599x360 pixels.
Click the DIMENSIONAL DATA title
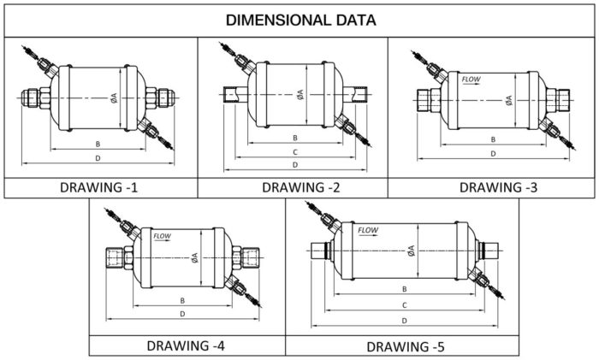click(299, 19)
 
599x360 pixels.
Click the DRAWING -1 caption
click(100, 187)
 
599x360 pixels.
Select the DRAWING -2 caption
click(294, 187)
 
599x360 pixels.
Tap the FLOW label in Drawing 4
click(163, 234)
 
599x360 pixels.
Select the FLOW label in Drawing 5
click(368, 230)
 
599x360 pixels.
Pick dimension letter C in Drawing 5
click(404, 304)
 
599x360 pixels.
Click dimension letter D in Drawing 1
click(99, 158)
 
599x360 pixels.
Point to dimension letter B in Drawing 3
click(494, 139)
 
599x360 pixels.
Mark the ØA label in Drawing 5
click(412, 251)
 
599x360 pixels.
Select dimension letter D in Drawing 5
click(404, 319)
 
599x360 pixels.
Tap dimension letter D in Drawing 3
click(493, 154)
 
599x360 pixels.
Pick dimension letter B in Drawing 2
click(294, 137)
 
